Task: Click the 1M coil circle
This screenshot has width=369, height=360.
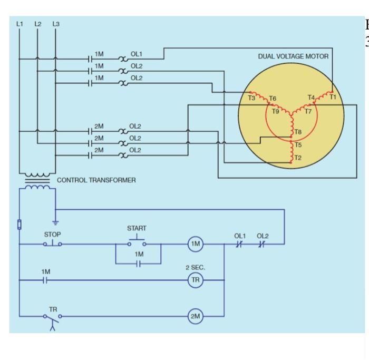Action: tap(196, 244)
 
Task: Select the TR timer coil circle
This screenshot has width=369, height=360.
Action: tap(196, 280)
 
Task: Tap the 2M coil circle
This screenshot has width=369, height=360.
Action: tap(196, 316)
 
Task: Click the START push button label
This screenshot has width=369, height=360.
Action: tap(137, 228)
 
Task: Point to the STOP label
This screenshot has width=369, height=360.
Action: tap(52, 234)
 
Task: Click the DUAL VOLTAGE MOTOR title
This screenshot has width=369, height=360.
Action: tap(293, 56)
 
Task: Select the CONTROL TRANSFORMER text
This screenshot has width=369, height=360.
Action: tap(96, 180)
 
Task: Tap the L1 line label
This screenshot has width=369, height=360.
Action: tap(20, 24)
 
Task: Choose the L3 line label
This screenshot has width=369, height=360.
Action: tap(56, 24)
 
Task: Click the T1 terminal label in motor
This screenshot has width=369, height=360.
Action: tap(333, 97)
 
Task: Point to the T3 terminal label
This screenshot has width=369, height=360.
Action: tap(251, 98)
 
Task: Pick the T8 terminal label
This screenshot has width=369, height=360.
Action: tap(298, 132)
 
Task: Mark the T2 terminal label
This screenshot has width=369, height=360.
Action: tap(298, 158)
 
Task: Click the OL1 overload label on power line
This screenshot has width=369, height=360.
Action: tap(137, 54)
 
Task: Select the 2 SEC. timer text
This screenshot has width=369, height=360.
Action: tap(195, 268)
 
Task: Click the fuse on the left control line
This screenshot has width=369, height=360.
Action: tap(20, 224)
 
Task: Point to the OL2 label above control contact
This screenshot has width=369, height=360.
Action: tap(263, 236)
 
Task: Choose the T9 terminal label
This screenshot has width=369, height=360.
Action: tap(276, 111)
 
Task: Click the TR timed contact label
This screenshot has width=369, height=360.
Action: tap(53, 308)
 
